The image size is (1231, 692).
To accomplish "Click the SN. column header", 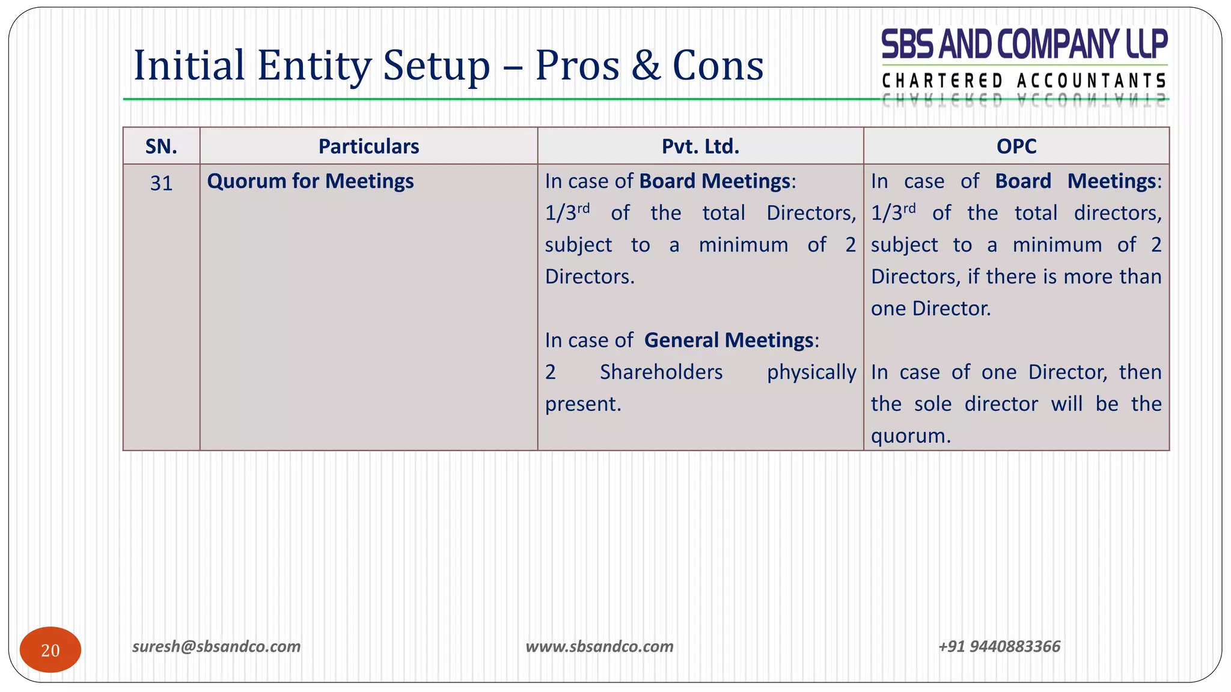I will pos(161,146).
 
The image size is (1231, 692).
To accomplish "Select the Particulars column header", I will pos(368,146).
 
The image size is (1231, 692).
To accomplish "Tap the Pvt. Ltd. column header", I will pos(700,146).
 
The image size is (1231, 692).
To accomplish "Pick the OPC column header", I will pos(1016,146).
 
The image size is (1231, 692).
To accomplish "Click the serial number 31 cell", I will pos(161,183).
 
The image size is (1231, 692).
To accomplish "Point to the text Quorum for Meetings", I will pos(310,181).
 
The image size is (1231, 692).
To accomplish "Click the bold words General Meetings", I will pos(729,340).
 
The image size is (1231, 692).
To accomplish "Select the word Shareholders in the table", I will pos(661,372).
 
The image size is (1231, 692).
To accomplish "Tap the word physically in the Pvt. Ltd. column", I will pos(811,372).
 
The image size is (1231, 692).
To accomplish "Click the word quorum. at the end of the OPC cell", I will pos(911,436).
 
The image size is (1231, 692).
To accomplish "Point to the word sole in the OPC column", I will pos(933,404).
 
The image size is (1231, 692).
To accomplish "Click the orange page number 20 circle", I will pos(50,650).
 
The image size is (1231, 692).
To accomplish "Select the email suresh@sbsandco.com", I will pos(216,646).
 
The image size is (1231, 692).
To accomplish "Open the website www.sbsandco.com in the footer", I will pos(599,646).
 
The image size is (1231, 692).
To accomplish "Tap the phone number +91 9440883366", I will pos(999,646).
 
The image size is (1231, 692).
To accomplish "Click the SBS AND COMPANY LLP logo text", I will pos(1024,45).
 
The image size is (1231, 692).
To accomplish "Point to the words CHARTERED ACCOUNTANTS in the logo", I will pos(1024,80).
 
